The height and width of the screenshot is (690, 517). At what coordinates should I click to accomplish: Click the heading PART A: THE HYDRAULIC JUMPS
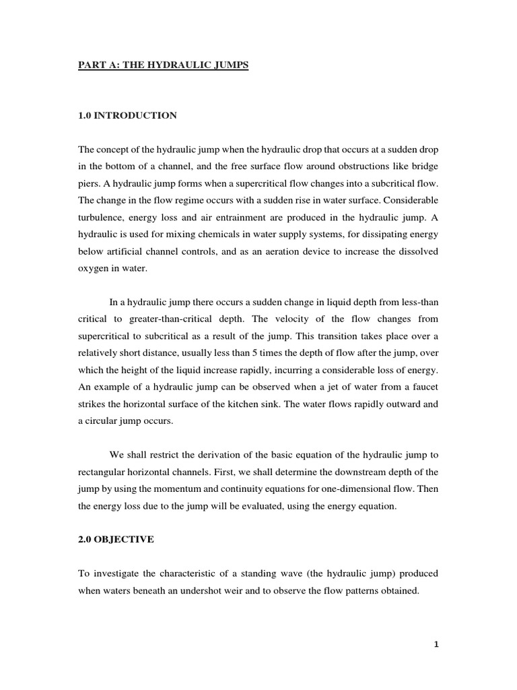[164, 68]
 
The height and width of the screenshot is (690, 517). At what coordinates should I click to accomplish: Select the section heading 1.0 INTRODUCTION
[127, 116]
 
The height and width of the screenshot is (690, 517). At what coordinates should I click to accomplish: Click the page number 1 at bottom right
[436, 644]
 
